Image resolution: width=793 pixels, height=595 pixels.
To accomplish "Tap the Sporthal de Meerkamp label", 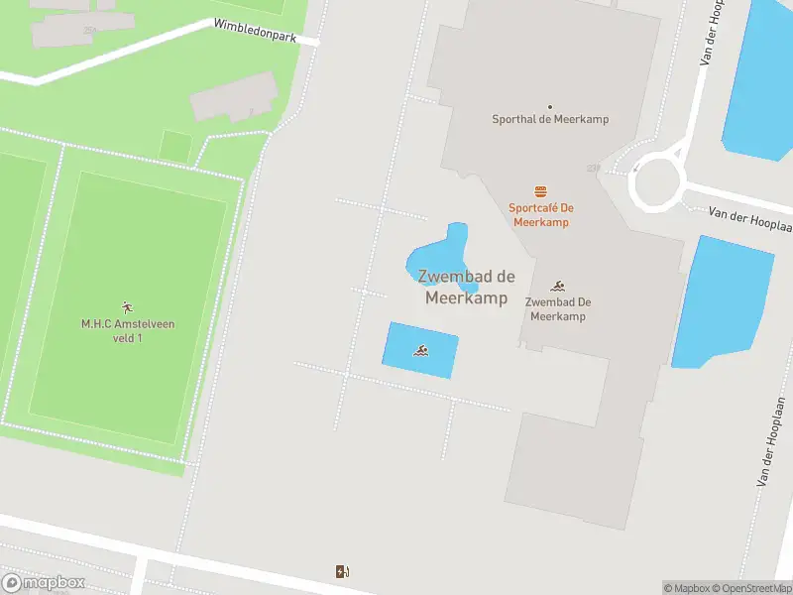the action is coord(550,119).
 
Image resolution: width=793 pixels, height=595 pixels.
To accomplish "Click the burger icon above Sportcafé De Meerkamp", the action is coord(541,191).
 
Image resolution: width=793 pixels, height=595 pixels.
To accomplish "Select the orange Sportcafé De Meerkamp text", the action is coord(541,214).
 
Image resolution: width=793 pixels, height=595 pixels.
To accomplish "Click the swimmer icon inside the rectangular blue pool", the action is coord(421,351).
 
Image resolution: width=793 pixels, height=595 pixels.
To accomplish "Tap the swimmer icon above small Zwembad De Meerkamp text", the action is coord(558,286).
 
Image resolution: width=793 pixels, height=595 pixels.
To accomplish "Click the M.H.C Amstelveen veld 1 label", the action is coord(126,330).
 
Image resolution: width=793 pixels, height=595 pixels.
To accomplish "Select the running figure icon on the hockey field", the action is coord(126,306).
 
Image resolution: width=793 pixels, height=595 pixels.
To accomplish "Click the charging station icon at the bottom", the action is coord(342,571).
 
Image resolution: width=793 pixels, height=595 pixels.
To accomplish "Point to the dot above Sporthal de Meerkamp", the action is coord(550,105).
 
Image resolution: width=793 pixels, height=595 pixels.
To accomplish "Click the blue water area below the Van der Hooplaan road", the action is coord(722,302).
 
